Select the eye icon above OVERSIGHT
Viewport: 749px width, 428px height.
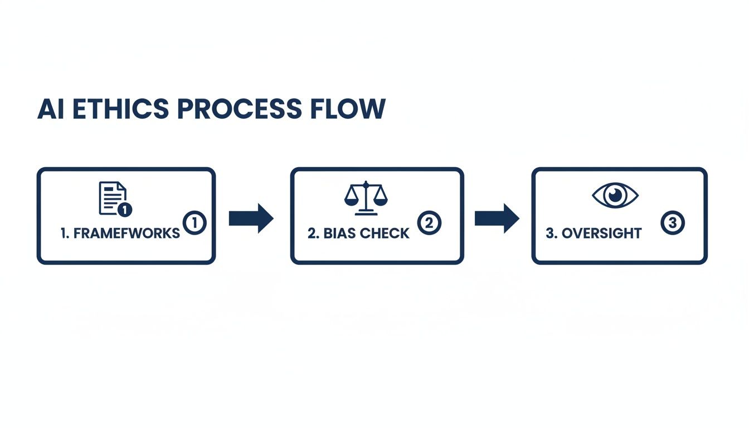point(615,195)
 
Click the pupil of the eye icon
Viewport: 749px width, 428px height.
point(615,194)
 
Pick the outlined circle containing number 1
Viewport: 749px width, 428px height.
point(194,223)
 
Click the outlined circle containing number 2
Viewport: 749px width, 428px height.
point(429,223)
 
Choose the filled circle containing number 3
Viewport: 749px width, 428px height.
point(672,223)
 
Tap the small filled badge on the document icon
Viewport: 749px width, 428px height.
point(125,210)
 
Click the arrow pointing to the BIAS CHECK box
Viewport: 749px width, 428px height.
point(251,218)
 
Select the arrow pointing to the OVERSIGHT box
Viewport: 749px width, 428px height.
point(497,218)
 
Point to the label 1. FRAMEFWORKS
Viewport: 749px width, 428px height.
point(120,233)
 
